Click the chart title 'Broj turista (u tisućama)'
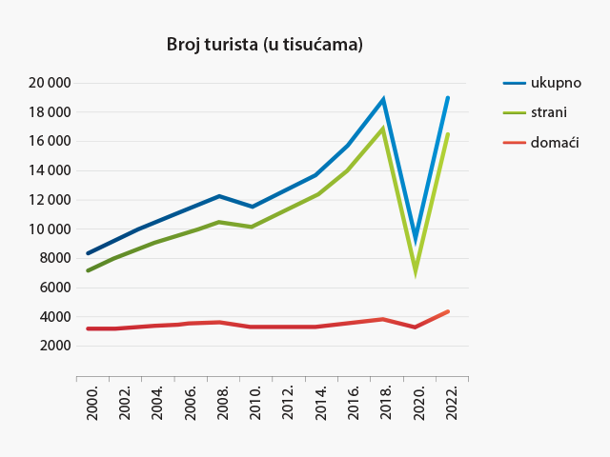point(265,45)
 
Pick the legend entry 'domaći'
point(557,142)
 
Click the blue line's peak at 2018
point(383,99)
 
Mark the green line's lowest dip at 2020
point(416,269)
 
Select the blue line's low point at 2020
point(416,240)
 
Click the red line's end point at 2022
point(448,311)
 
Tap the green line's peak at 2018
point(383,129)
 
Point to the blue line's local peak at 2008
point(219,196)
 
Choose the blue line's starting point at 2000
point(88,253)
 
